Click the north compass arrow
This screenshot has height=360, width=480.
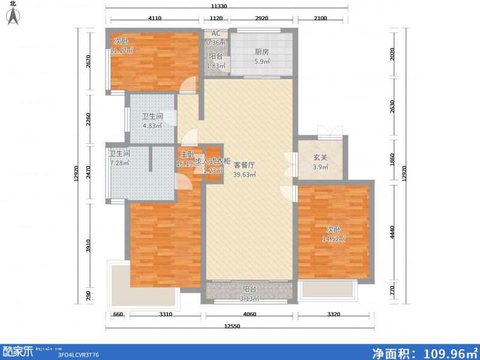point(14,16)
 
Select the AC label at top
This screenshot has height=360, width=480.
point(216,34)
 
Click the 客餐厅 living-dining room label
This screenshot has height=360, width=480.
point(245,164)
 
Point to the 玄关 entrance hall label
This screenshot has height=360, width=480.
point(320,158)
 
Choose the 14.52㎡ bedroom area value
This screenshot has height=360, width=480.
point(335,239)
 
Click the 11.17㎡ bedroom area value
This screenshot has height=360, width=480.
point(121,50)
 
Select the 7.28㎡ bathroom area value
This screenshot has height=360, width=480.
point(120,163)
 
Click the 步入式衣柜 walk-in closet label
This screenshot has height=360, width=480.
point(213,161)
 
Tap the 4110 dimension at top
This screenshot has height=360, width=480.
point(155,19)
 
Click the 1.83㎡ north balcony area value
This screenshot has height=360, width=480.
point(216,65)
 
